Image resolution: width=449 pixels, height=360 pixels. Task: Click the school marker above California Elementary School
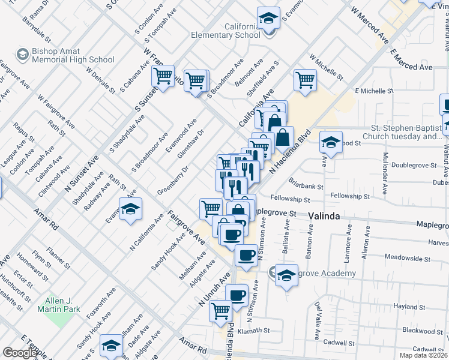pos(268,18)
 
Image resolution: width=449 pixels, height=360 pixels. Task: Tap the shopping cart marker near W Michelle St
pos(306,79)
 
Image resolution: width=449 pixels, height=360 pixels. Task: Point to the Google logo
pos(19,353)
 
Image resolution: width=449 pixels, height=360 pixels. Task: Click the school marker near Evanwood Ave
pos(130,209)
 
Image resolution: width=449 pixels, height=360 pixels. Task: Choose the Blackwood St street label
pos(423,331)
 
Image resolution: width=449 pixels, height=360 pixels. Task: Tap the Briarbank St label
pos(306,187)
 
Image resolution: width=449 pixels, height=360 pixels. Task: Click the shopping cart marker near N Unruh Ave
pos(221,310)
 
